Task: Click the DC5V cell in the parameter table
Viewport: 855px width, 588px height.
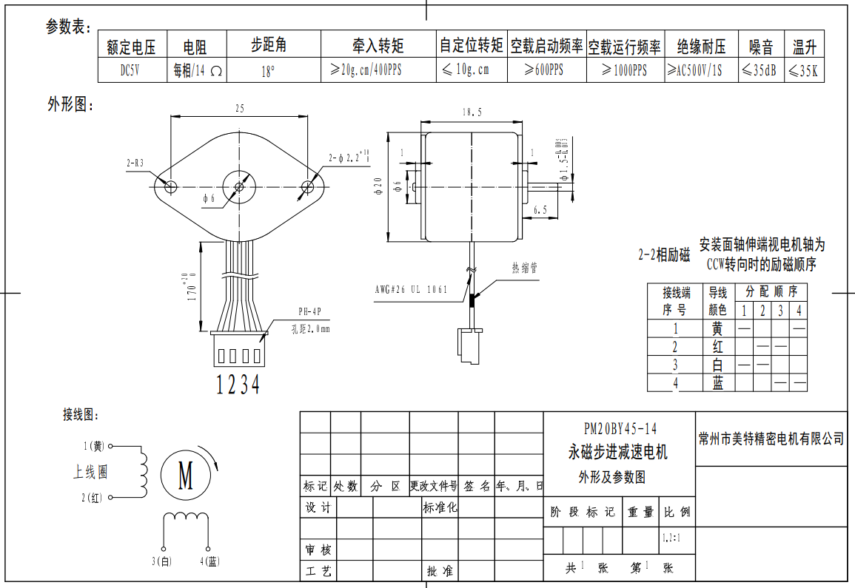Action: [x=130, y=71]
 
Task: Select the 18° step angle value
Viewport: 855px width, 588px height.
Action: [x=269, y=72]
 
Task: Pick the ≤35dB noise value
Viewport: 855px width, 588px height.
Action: [x=760, y=71]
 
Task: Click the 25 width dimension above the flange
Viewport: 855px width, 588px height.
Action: [x=240, y=109]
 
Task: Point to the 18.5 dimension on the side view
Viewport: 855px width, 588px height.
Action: [x=472, y=112]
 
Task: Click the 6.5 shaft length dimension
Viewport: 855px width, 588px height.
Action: [x=540, y=210]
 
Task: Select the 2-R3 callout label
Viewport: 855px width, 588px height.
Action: [x=135, y=162]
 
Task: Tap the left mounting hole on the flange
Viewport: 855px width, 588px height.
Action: [x=170, y=186]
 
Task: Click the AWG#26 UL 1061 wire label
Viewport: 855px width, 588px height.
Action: [x=411, y=290]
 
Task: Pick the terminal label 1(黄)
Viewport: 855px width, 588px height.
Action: [x=94, y=446]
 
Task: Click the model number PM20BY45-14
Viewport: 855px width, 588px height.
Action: [x=620, y=429]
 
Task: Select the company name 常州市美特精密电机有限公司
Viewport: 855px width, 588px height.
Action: [x=771, y=439]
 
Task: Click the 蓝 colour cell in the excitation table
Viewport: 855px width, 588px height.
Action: [x=717, y=383]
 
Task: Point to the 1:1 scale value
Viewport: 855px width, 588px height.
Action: [x=671, y=538]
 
